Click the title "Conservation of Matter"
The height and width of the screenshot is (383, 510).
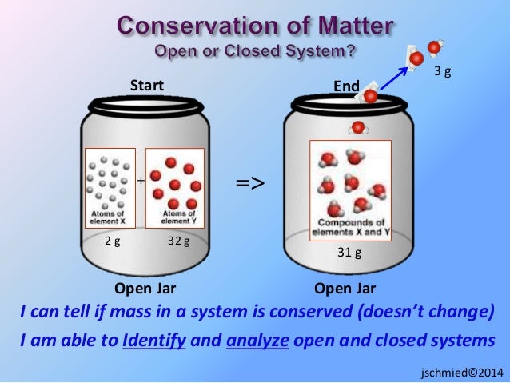(x=255, y=26)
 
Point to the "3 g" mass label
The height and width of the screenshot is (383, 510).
(x=442, y=72)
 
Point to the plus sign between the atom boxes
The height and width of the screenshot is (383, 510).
(x=141, y=182)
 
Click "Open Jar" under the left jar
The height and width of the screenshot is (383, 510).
(x=145, y=289)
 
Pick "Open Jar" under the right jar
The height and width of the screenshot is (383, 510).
(x=345, y=289)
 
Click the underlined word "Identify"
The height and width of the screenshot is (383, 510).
(x=154, y=341)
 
